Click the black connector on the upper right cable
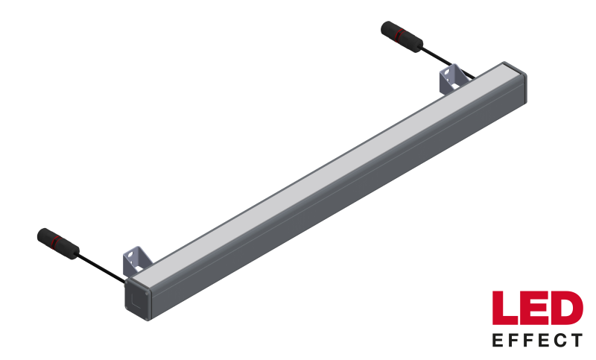402,37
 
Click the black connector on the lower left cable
58,244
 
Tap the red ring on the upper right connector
397,34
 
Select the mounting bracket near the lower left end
136,261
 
